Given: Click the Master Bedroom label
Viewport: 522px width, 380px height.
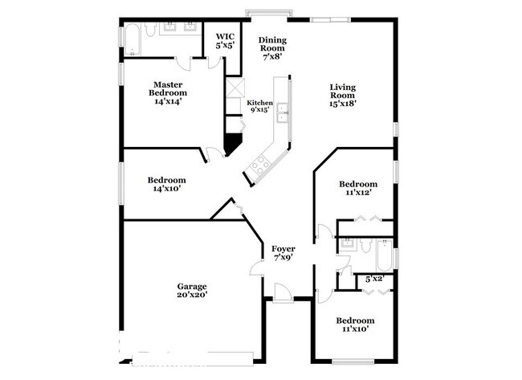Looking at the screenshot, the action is (168, 93).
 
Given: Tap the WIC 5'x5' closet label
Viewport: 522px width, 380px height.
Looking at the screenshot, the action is (225, 41).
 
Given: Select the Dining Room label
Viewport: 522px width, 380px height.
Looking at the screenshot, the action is (273, 48).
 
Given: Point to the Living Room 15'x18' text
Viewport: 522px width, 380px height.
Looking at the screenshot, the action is (343, 96).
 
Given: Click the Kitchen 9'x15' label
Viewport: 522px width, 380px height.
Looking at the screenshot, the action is (259, 106).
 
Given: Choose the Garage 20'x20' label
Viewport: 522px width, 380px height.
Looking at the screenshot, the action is (192, 290).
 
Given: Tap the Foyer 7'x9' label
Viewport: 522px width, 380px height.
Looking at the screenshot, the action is (283, 253).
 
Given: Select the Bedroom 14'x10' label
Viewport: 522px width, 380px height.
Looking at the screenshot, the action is (167, 184).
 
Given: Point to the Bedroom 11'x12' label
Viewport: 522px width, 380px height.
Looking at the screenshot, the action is (358, 188).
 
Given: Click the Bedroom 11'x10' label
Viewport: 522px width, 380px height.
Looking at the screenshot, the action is (355, 325).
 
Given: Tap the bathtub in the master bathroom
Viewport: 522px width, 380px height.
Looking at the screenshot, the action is (133, 39).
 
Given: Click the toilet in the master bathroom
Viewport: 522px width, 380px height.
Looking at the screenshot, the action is (150, 29).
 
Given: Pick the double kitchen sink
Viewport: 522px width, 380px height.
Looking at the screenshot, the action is (283, 113).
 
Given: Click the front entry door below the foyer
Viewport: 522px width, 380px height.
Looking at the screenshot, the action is (283, 293).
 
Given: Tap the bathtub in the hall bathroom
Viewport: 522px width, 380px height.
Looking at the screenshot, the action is (385, 255).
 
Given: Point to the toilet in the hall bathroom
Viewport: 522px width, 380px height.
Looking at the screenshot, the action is (366, 246).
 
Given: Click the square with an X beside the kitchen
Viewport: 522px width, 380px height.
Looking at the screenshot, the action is (235, 88).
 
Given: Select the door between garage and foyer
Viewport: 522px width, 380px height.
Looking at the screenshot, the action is (257, 264).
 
